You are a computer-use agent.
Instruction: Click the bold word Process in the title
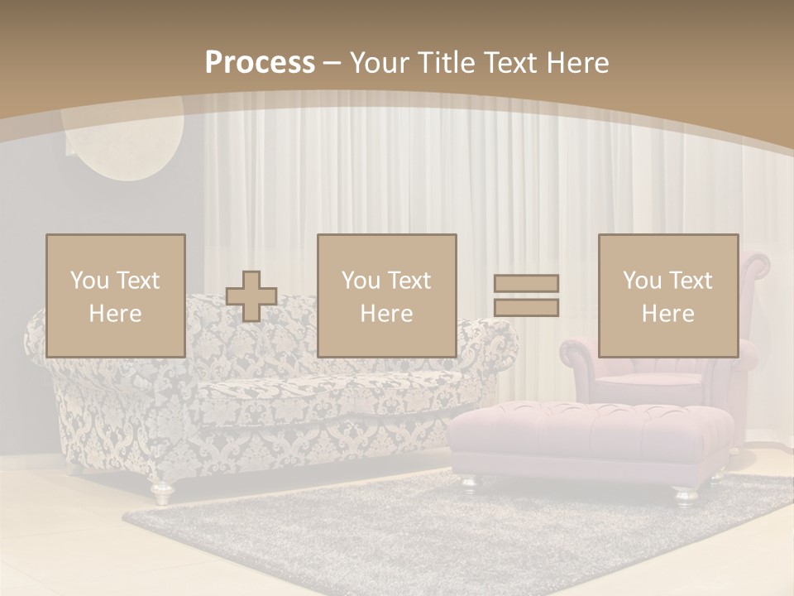pyautogui.click(x=260, y=63)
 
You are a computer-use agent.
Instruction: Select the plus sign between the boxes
pyautogui.click(x=251, y=296)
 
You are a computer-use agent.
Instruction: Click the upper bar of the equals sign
pyautogui.click(x=526, y=283)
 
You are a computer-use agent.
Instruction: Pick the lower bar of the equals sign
pyautogui.click(x=526, y=307)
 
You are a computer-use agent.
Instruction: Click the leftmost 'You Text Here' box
pyautogui.click(x=115, y=296)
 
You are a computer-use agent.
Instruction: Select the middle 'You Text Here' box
pyautogui.click(x=386, y=296)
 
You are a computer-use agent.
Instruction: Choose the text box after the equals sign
pyautogui.click(x=667, y=296)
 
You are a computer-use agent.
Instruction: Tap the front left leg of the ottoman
pyautogui.click(x=468, y=482)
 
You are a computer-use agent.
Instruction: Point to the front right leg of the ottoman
pyautogui.click(x=686, y=494)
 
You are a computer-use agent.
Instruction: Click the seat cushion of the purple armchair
pyautogui.click(x=653, y=382)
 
